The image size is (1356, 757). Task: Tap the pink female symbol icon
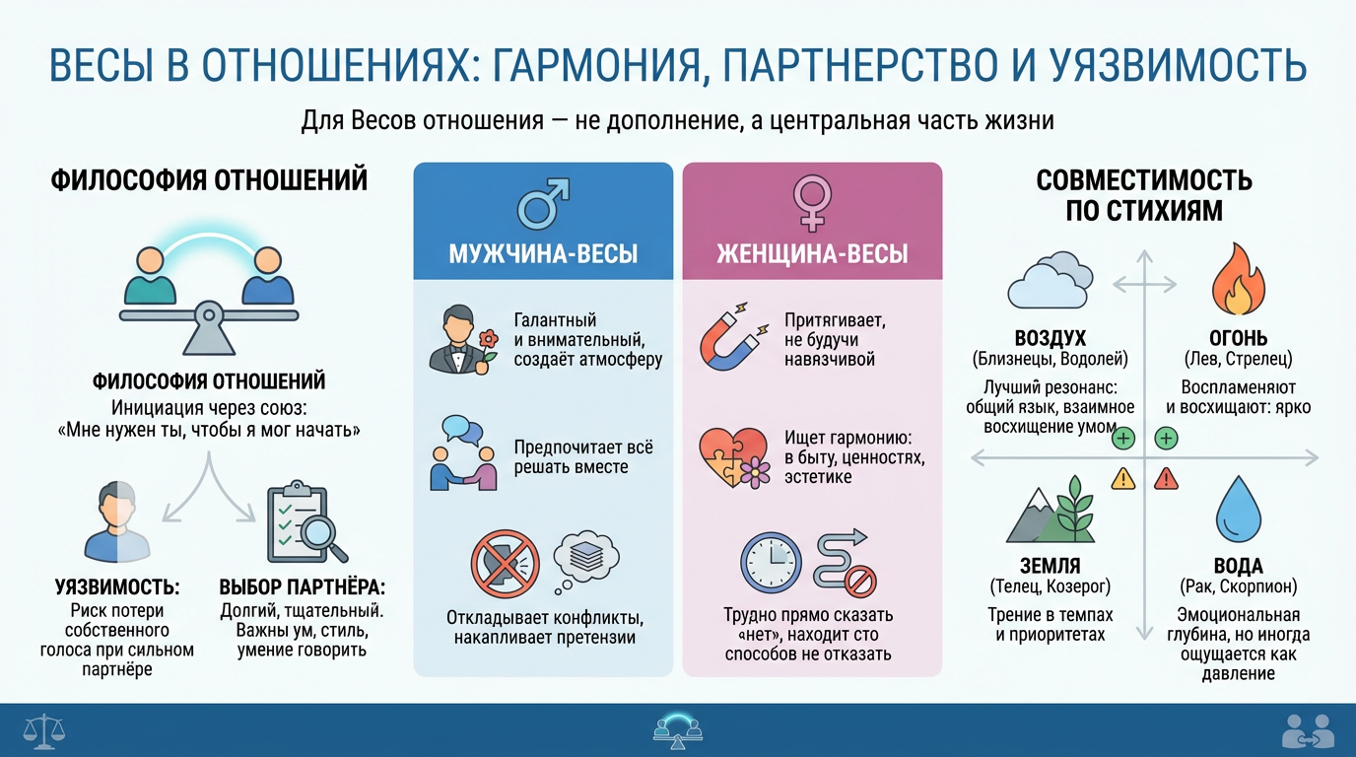812,204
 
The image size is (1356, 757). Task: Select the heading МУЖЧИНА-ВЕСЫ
543,253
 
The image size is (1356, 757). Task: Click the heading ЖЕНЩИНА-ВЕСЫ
812,253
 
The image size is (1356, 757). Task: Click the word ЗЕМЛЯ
1050,567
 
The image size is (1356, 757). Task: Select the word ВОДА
1238,567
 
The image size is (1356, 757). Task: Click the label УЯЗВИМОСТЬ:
117,587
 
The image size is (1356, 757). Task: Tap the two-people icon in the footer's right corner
1308,730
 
